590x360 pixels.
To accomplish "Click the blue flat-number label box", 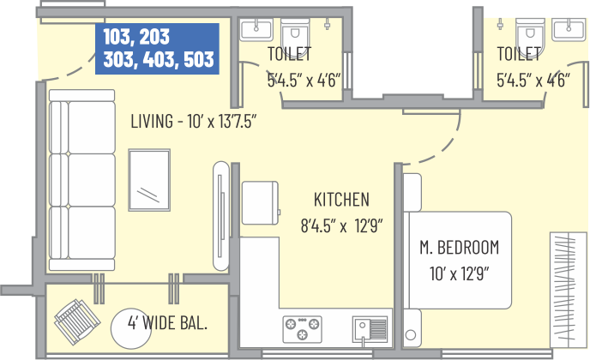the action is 157,49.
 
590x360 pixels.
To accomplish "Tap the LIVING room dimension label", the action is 194,121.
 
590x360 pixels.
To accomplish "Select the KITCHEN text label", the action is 341,200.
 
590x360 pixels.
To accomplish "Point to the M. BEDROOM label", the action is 459,247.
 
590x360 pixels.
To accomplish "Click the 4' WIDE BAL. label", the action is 167,323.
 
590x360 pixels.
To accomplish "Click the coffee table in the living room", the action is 149,180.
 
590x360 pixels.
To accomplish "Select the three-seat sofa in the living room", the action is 82,180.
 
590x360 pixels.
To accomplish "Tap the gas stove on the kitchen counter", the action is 302,329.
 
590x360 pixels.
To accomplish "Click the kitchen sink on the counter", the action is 370,329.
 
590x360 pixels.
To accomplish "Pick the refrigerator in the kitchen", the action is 261,203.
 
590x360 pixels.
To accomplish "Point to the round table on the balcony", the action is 131,329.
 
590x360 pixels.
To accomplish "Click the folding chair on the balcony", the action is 77,321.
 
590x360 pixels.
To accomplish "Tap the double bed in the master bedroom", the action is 457,261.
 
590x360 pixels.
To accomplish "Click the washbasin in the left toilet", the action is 257,30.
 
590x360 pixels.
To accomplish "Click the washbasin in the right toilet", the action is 569,29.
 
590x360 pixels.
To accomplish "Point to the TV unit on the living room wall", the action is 221,216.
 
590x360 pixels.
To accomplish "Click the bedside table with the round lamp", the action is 412,328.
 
